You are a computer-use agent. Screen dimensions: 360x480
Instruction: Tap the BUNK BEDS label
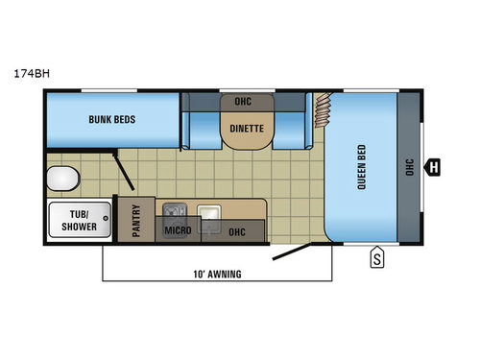pyautogui.click(x=113, y=121)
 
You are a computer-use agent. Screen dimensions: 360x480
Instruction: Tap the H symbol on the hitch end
pyautogui.click(x=434, y=167)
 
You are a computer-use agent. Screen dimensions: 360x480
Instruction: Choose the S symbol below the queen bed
pyautogui.click(x=377, y=256)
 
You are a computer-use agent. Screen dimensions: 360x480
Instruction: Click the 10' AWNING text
pyautogui.click(x=215, y=274)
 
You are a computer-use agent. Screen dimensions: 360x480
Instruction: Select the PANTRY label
pyautogui.click(x=138, y=221)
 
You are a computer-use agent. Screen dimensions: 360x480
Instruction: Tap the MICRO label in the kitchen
pyautogui.click(x=176, y=231)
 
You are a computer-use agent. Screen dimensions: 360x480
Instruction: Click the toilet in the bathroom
pyautogui.click(x=62, y=178)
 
